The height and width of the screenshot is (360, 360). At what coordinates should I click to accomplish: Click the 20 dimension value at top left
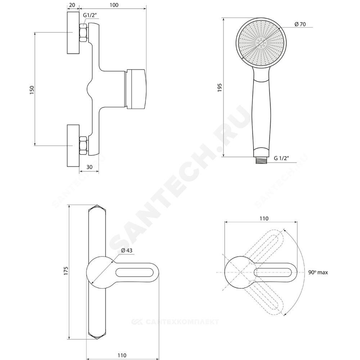pyautogui.click(x=72, y=5)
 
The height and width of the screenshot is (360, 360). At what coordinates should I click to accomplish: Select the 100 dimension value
pyautogui.click(x=114, y=5)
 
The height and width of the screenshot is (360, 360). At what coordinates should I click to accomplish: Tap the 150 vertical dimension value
pyautogui.click(x=32, y=90)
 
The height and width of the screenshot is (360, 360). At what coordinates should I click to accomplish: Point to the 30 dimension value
pyautogui.click(x=89, y=167)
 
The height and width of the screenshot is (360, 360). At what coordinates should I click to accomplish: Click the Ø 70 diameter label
pyautogui.click(x=300, y=24)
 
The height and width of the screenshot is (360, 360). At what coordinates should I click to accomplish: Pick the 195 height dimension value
pyautogui.click(x=220, y=88)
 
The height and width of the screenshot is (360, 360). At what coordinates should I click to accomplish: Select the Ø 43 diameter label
pyautogui.click(x=127, y=250)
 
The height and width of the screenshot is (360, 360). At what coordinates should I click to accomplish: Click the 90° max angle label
pyautogui.click(x=318, y=272)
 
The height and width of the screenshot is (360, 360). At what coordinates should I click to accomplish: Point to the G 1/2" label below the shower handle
pyautogui.click(x=281, y=158)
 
